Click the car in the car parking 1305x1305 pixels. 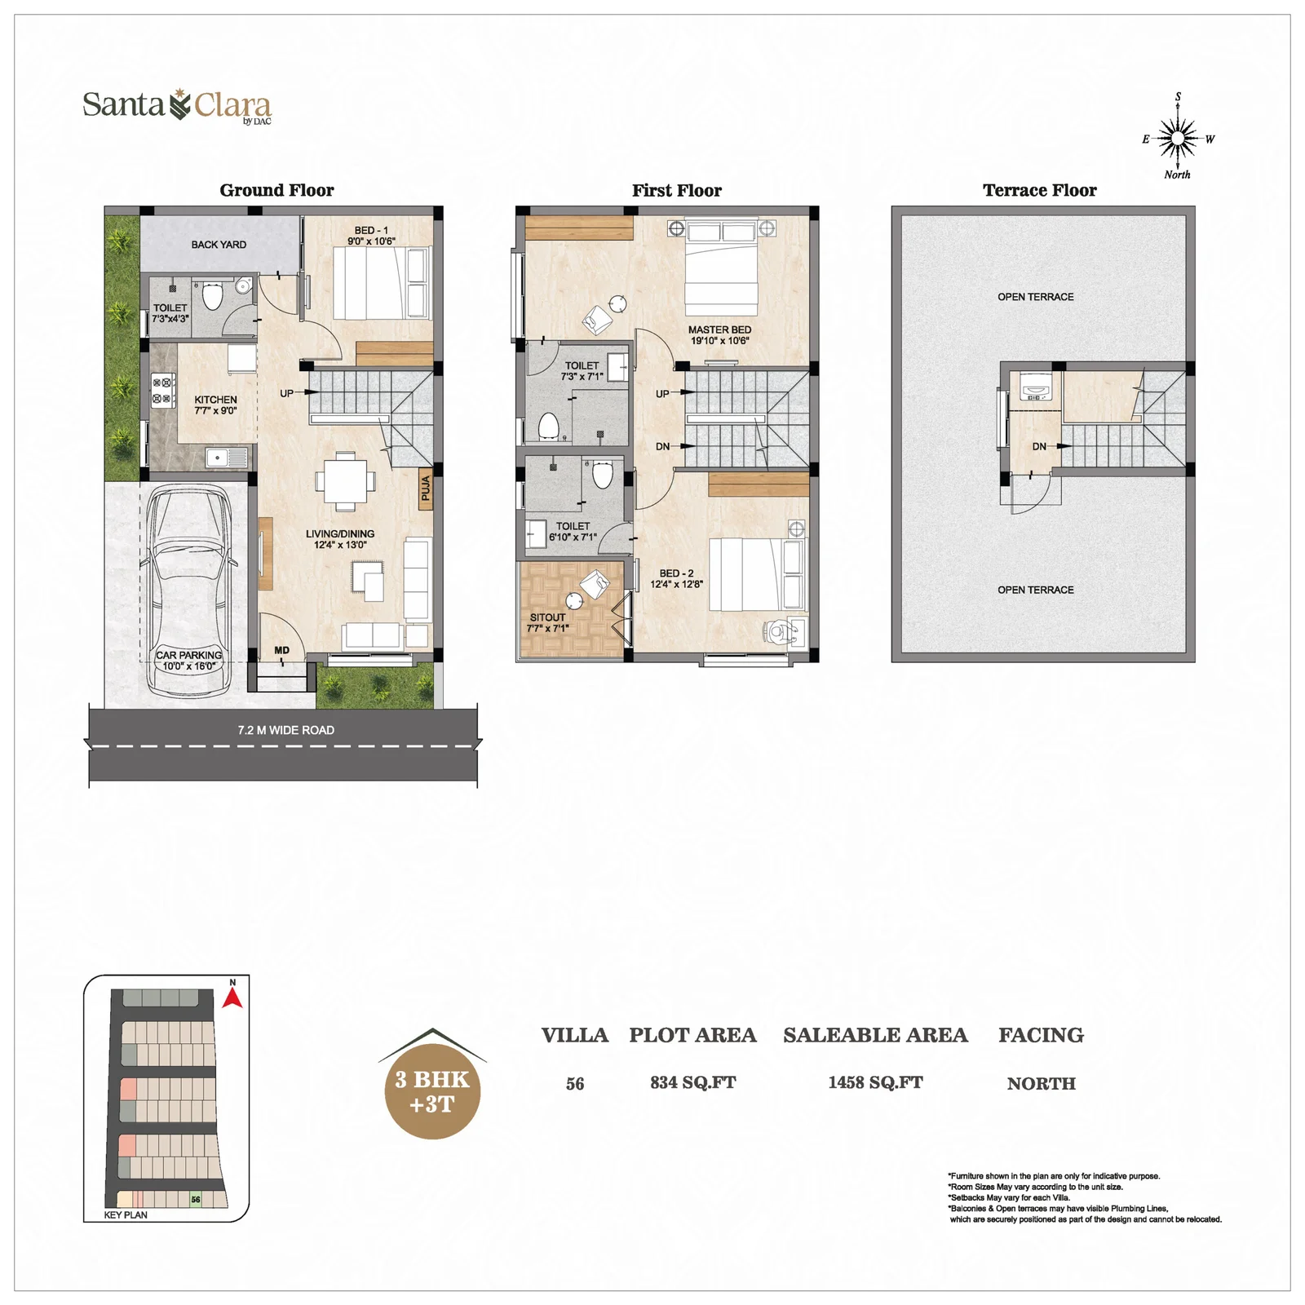pos(189,591)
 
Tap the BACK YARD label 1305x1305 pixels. pos(219,245)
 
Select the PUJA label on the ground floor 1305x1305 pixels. pos(426,489)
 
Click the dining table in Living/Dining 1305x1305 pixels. pos(346,481)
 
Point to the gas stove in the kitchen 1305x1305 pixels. pos(163,390)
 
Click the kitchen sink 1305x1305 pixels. pos(227,457)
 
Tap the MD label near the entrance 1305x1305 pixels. pos(281,650)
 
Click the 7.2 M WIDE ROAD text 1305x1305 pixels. pos(286,730)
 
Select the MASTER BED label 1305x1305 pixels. pos(719,330)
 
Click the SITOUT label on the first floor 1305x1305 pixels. pos(547,617)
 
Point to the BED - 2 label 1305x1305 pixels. pos(676,573)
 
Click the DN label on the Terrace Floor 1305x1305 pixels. pos(1039,446)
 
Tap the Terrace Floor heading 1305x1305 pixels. pos(1039,191)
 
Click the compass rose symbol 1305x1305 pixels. pos(1178,139)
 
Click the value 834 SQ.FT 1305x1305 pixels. pos(692,1083)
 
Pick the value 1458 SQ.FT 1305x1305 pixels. pos(875,1083)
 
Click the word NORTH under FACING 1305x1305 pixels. pos(1041,1084)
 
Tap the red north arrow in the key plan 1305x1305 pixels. pos(232,998)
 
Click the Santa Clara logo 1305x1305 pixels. pos(177,106)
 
